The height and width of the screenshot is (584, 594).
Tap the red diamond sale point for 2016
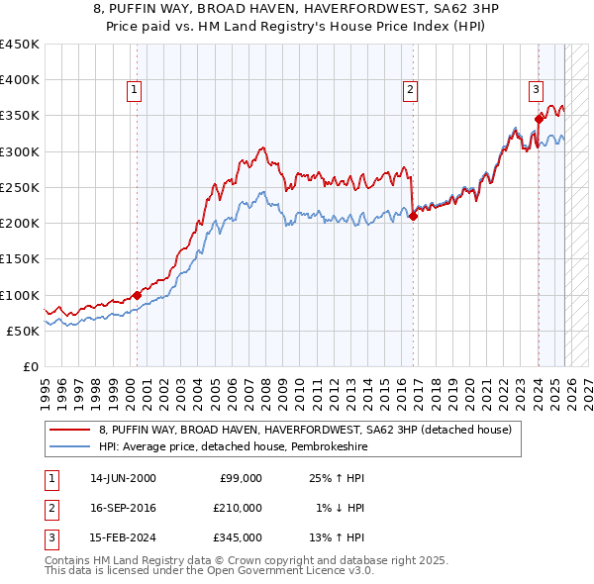pos(413,217)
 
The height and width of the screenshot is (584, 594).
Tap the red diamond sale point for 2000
pos(137,296)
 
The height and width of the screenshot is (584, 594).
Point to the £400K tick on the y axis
pos(20,80)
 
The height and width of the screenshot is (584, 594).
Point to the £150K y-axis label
pos(20,259)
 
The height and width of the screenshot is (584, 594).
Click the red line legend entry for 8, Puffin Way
pos(305,430)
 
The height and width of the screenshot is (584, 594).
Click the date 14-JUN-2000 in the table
pos(122,478)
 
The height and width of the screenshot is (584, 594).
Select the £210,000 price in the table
pos(238,508)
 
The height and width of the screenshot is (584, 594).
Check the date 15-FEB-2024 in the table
pos(122,537)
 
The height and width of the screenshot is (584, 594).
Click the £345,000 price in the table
pos(238,537)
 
